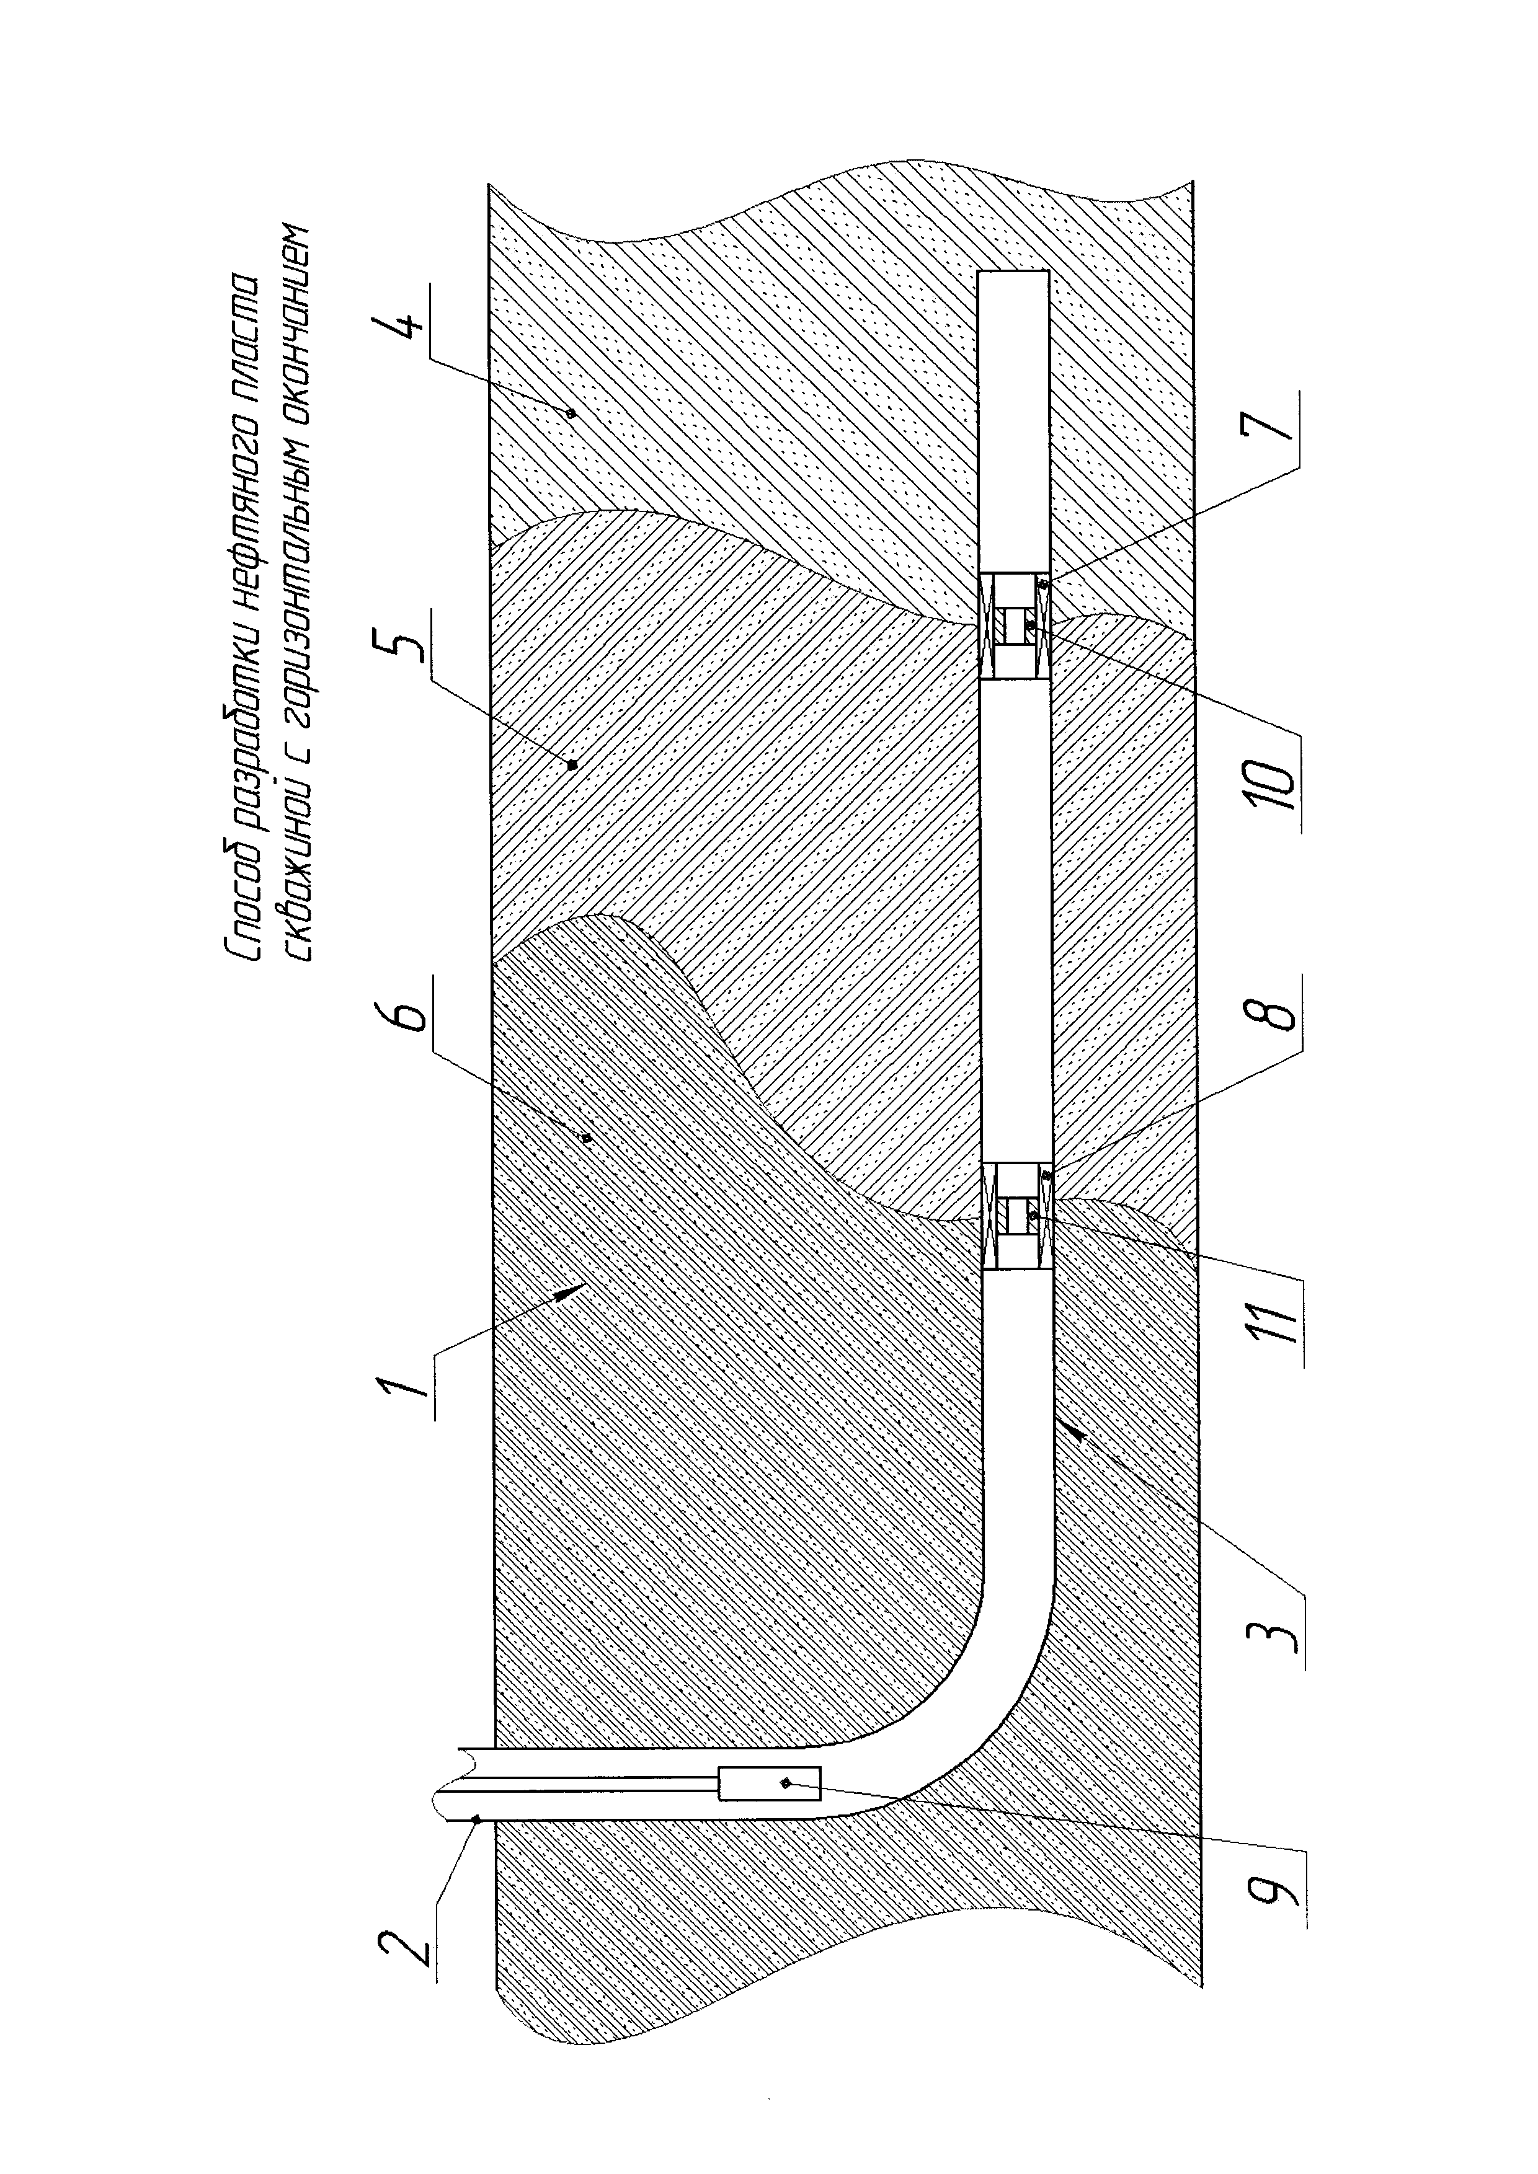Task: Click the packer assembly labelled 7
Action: click(x=1015, y=626)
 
